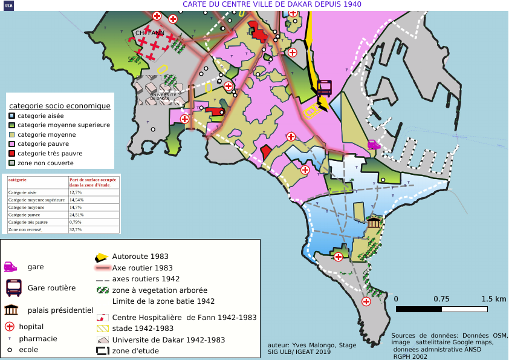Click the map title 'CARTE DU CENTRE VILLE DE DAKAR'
click(x=271, y=4)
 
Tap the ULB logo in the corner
click(x=8, y=5)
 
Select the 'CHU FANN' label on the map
click(x=149, y=33)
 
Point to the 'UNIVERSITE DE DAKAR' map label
click(x=163, y=96)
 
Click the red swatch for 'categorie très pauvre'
click(x=11, y=154)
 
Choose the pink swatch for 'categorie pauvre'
click(x=11, y=144)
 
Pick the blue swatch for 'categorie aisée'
click(x=11, y=116)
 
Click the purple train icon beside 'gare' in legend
click(x=11, y=266)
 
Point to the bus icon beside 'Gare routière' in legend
click(x=14, y=287)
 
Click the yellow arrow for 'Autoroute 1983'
click(x=102, y=257)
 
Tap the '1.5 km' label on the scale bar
click(x=494, y=299)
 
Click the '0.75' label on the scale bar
click(x=441, y=299)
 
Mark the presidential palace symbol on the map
click(x=374, y=222)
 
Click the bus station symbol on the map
click(x=324, y=88)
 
